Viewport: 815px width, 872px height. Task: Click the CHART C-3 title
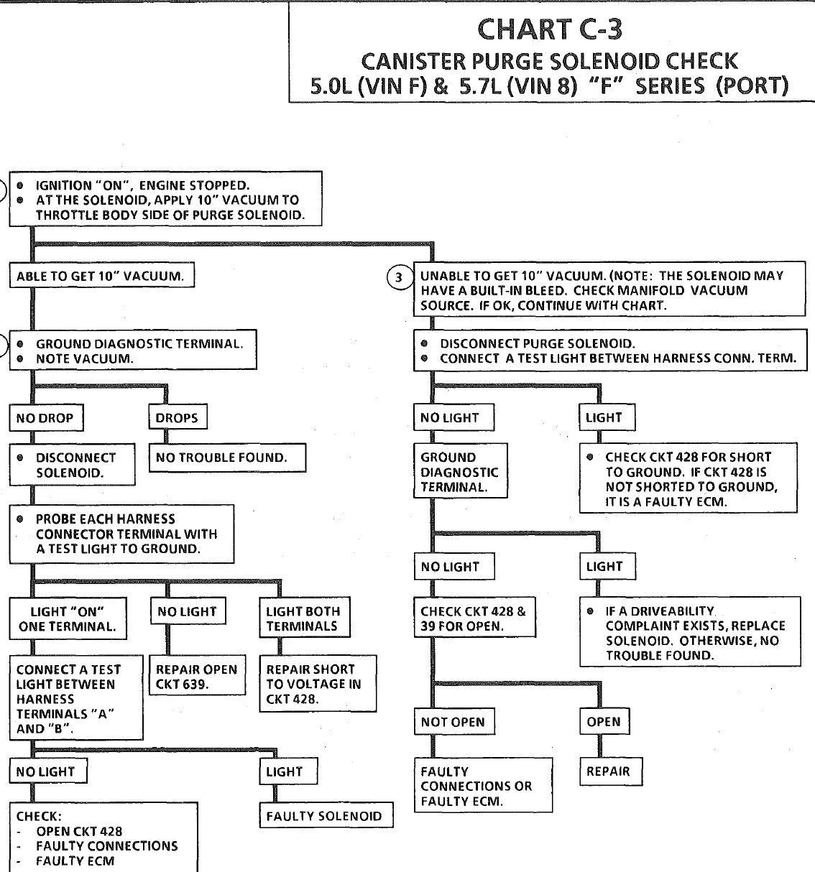pos(550,29)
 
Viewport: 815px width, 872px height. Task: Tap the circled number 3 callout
pos(398,277)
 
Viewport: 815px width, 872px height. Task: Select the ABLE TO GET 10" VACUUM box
pos(102,275)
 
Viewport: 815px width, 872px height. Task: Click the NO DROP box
pos(46,417)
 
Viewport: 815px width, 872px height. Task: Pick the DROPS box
pos(178,417)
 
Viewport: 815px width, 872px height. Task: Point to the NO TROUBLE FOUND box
pos(227,458)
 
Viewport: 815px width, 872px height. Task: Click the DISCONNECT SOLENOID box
pos(72,465)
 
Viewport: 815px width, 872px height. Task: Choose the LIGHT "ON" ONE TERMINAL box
pos(68,618)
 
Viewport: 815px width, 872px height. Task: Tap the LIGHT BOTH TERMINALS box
pos(305,617)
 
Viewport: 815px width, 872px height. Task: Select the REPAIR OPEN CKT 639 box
pos(197,675)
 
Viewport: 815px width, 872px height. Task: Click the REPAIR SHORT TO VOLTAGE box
pos(318,684)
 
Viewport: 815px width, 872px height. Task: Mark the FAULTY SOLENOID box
pos(326,816)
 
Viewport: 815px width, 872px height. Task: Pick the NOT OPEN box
pos(454,722)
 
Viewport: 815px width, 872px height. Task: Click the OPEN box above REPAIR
pos(604,721)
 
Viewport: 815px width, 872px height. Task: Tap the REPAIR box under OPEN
pos(611,771)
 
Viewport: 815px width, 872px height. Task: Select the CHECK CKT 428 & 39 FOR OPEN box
pos(475,617)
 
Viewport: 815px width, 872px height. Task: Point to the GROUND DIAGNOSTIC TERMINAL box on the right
pos(461,470)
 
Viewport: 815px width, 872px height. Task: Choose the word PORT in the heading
pos(752,85)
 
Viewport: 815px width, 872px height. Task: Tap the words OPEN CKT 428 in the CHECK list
pos(79,831)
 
